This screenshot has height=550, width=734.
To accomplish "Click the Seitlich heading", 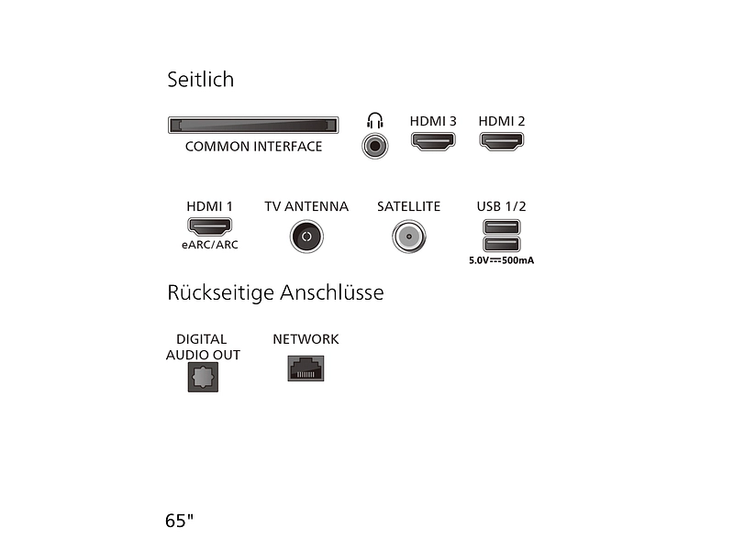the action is point(200,79).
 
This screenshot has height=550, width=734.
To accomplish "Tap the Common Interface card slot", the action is point(253,126).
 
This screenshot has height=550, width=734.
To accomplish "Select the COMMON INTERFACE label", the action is point(254,147).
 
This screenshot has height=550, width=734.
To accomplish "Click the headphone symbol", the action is point(375,120).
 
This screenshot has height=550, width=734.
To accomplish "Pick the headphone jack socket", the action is point(375,146).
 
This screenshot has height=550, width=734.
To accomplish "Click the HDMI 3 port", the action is point(433,141).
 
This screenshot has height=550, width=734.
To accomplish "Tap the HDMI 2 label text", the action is point(501,121).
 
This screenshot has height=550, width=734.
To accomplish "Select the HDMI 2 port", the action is point(501,141).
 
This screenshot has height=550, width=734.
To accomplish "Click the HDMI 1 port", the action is point(210,226).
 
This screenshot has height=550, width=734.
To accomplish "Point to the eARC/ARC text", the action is point(210,245).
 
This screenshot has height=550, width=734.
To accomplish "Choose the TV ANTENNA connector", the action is point(306,236).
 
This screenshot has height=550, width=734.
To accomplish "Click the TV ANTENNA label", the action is point(306,206).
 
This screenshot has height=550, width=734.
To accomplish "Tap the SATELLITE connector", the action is point(409,236).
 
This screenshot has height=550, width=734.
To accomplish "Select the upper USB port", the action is point(501,227).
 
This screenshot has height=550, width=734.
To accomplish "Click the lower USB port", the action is point(501,244).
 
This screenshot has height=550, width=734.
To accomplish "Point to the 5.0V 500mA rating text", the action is point(501,260).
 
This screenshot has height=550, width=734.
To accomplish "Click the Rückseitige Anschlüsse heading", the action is point(276,292).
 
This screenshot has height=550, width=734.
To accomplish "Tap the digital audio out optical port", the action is point(203,377).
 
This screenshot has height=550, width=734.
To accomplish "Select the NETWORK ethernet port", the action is point(306,368).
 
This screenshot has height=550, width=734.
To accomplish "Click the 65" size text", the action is point(179,521).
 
